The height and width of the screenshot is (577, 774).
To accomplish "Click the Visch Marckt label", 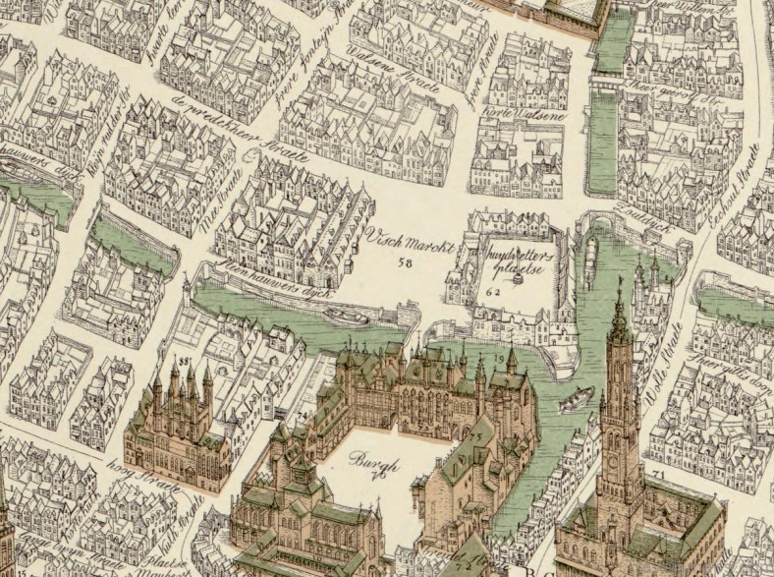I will (x=410, y=241).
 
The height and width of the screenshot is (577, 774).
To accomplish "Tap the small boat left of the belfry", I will (x=576, y=399).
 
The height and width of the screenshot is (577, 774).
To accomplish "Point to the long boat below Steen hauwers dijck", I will (x=346, y=316).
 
